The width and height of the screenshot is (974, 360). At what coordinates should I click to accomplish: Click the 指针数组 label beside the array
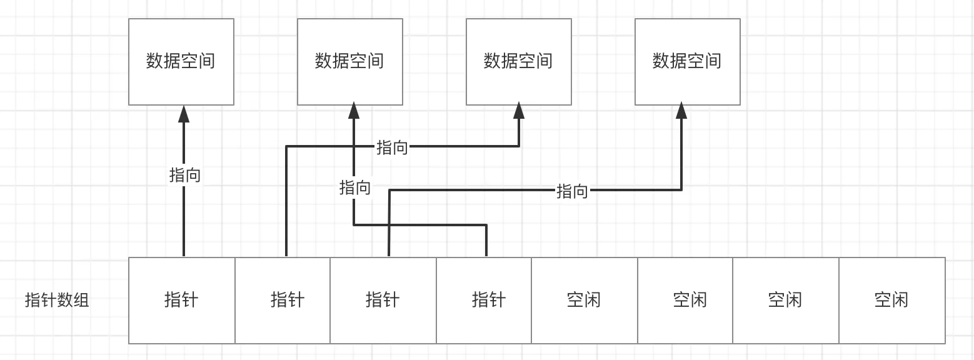pyautogui.click(x=57, y=300)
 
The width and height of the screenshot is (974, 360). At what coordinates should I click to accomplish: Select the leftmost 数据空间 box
pyautogui.click(x=181, y=62)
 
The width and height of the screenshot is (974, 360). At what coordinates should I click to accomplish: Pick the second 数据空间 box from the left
pyautogui.click(x=350, y=62)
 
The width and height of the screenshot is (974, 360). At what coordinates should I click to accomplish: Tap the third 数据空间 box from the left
pyautogui.click(x=519, y=62)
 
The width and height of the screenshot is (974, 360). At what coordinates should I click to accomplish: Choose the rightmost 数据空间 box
pyautogui.click(x=688, y=62)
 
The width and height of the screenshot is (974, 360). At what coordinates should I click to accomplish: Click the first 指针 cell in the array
pyautogui.click(x=182, y=301)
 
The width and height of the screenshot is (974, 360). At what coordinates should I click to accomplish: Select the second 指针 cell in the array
pyautogui.click(x=283, y=301)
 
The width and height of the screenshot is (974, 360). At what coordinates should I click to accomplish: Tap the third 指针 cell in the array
pyautogui.click(x=383, y=301)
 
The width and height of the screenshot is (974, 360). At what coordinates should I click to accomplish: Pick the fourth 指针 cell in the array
pyautogui.click(x=484, y=301)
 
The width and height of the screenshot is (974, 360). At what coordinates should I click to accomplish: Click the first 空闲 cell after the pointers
pyautogui.click(x=585, y=301)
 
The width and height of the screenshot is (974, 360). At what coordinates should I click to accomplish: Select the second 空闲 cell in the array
pyautogui.click(x=685, y=301)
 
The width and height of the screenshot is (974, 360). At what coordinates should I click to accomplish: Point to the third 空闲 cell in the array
pyautogui.click(x=786, y=301)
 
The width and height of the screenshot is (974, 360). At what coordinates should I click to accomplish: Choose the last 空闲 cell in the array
pyautogui.click(x=892, y=301)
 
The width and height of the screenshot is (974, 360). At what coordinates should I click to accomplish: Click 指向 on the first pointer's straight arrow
pyautogui.click(x=185, y=175)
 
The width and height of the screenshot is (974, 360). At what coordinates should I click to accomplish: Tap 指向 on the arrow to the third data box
pyautogui.click(x=392, y=147)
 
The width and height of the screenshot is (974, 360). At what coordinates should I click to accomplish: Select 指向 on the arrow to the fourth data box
pyautogui.click(x=572, y=191)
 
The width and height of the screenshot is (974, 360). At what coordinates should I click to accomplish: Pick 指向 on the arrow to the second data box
pyautogui.click(x=355, y=188)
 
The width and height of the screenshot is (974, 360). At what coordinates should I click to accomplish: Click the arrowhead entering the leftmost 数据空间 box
pyautogui.click(x=184, y=114)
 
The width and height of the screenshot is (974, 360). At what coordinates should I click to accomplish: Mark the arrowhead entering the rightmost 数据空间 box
pyautogui.click(x=681, y=111)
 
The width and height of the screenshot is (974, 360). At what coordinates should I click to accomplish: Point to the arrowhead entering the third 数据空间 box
pyautogui.click(x=519, y=111)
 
